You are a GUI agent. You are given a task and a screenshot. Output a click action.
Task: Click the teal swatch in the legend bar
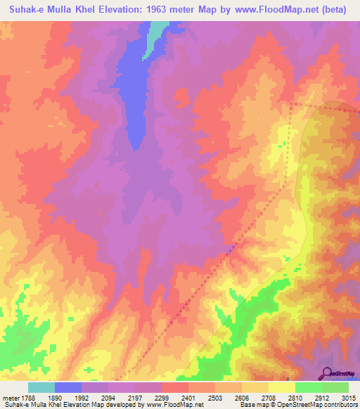pos(41,387)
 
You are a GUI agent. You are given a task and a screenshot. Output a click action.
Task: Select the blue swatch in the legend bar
pos(68,387)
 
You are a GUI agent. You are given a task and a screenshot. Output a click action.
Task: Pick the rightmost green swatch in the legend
pos(335,387)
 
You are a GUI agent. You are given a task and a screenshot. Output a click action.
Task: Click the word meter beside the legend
pos(9,397)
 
